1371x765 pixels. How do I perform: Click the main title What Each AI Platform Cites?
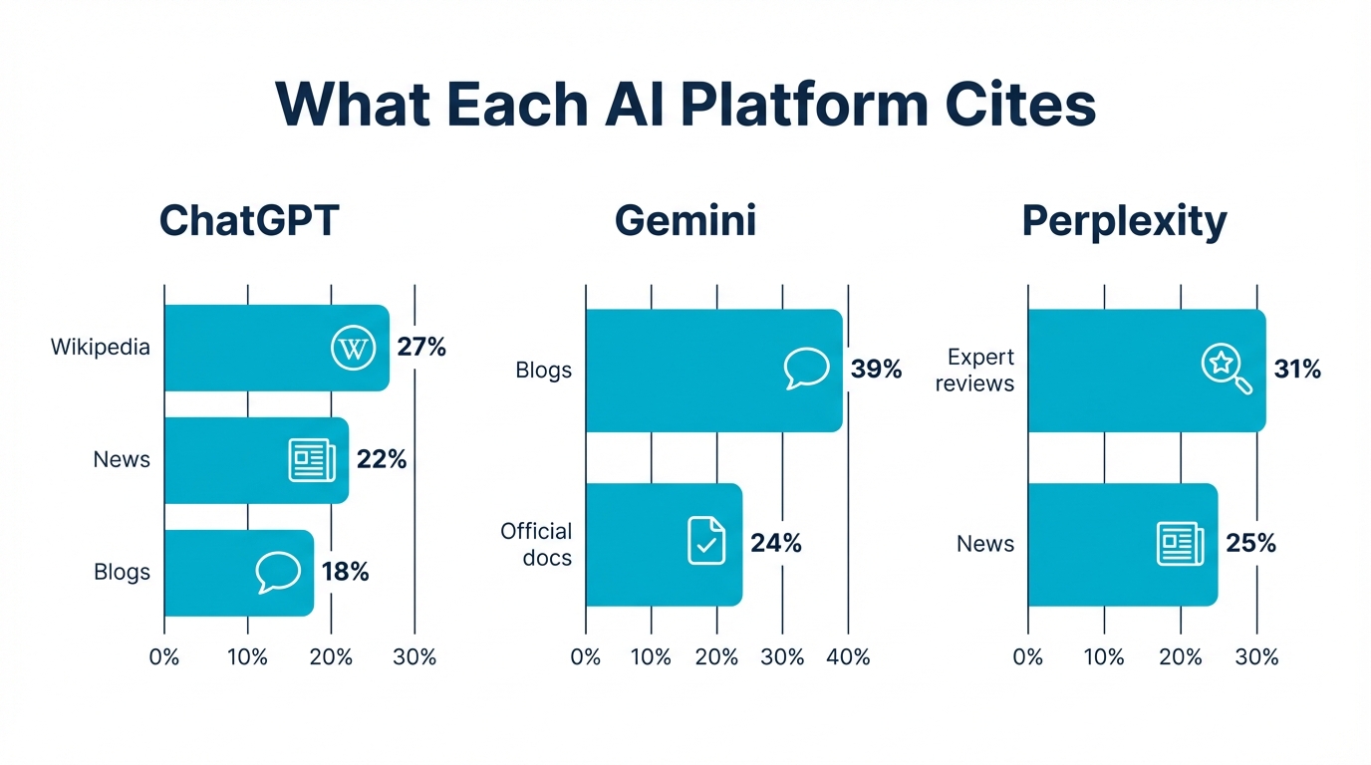[x=685, y=104]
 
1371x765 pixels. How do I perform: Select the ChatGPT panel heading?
[x=249, y=220]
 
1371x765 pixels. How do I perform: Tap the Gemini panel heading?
[x=685, y=220]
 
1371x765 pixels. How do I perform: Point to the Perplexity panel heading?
[x=1124, y=220]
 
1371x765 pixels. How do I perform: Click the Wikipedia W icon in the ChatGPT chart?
[x=353, y=349]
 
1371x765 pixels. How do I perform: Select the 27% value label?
[x=421, y=348]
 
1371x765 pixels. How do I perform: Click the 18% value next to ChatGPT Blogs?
[x=346, y=572]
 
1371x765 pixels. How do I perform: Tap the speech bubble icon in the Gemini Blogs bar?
[x=807, y=370]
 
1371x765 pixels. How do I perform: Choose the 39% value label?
[x=877, y=370]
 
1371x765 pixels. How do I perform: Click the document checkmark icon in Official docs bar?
[x=706, y=541]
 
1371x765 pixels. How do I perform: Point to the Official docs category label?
[x=536, y=544]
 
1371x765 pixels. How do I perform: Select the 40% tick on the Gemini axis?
[x=848, y=657]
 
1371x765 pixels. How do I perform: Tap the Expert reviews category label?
[x=974, y=370]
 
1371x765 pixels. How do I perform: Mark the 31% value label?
[x=1297, y=370]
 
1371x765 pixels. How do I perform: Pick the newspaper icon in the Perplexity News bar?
[x=1180, y=544]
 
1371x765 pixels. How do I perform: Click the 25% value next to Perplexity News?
[x=1251, y=544]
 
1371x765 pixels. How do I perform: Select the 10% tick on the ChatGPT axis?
[x=247, y=657]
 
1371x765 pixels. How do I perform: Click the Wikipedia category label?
[x=101, y=348]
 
